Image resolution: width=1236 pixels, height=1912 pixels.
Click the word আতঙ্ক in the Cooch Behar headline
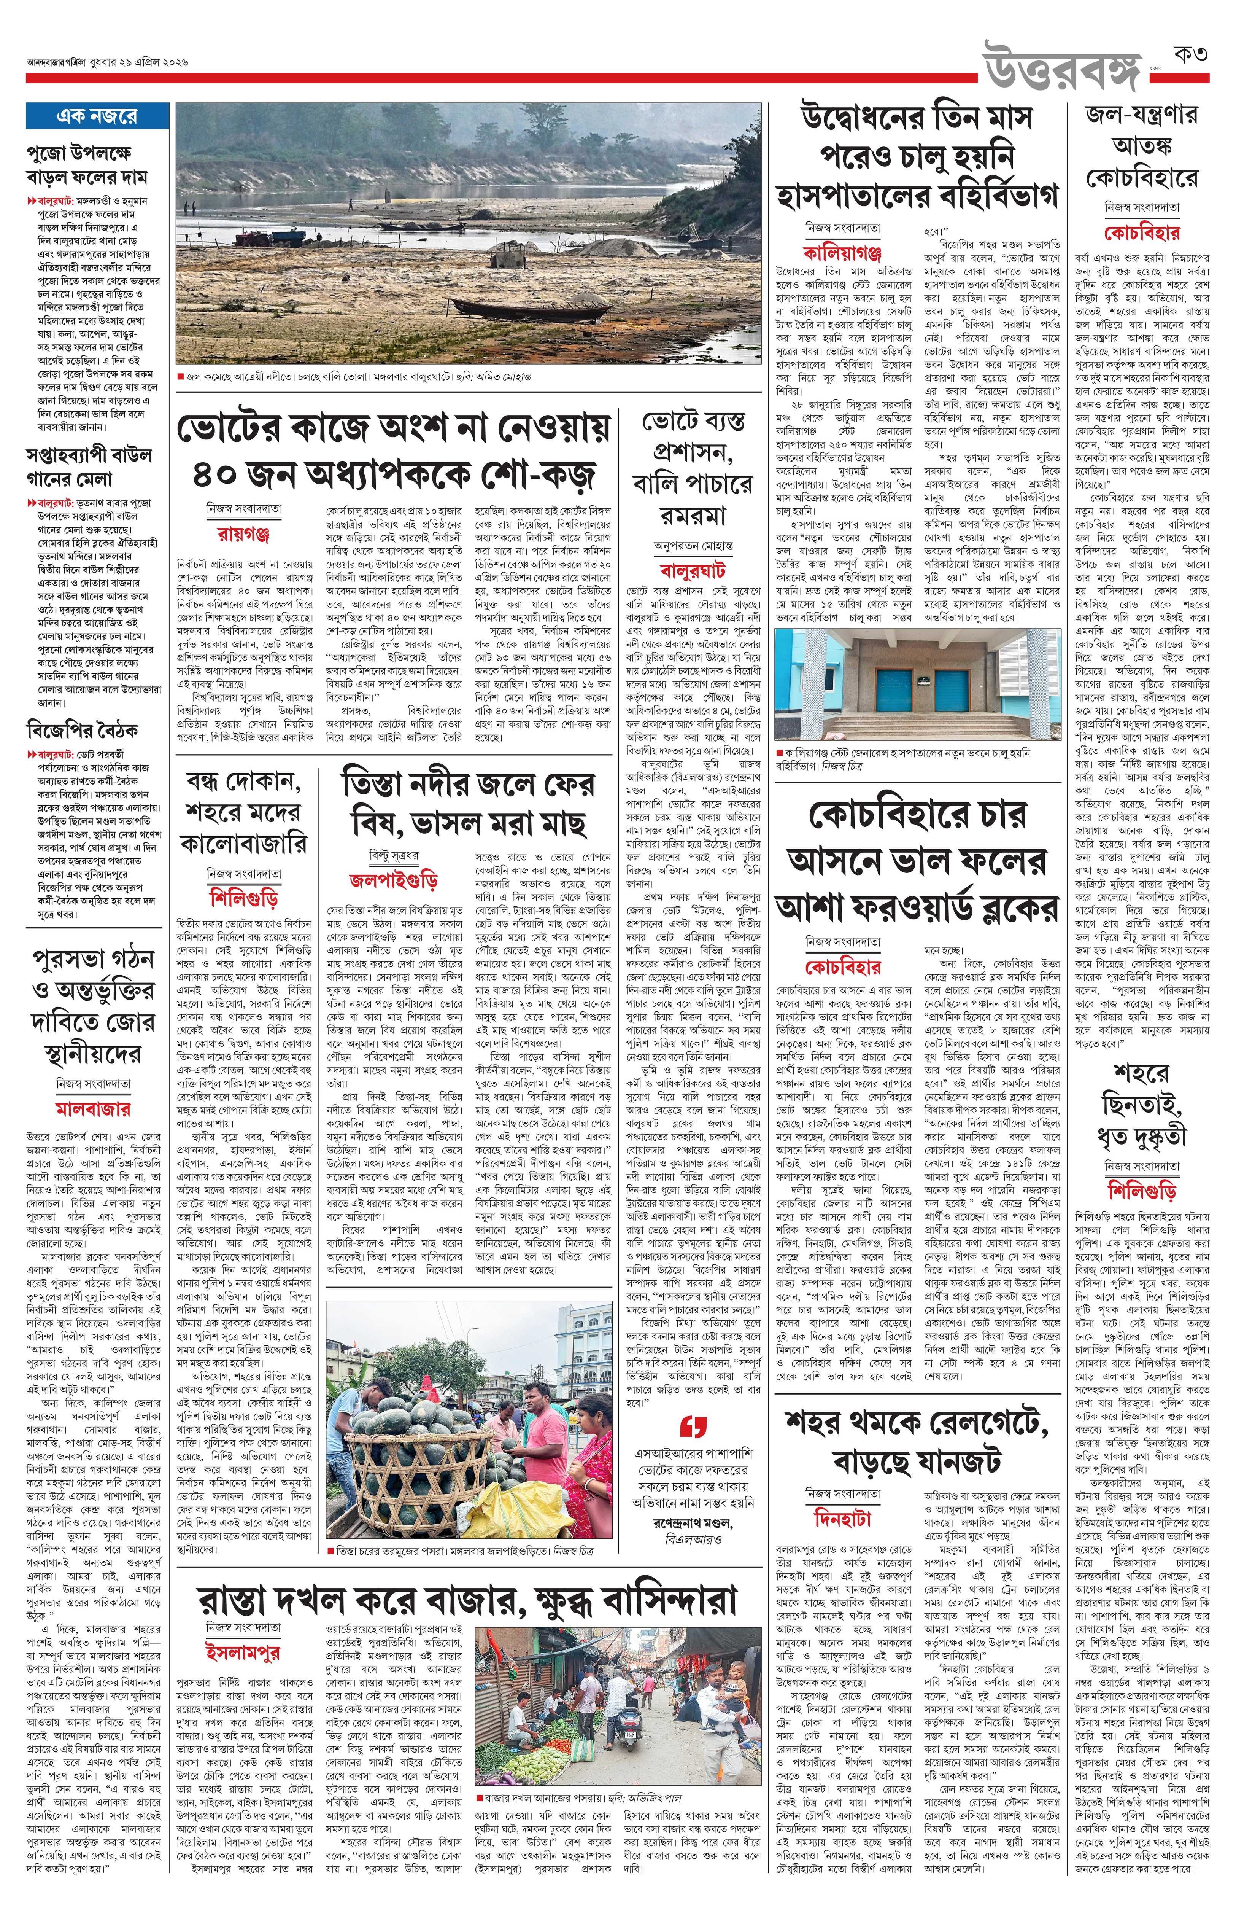[1142, 146]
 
